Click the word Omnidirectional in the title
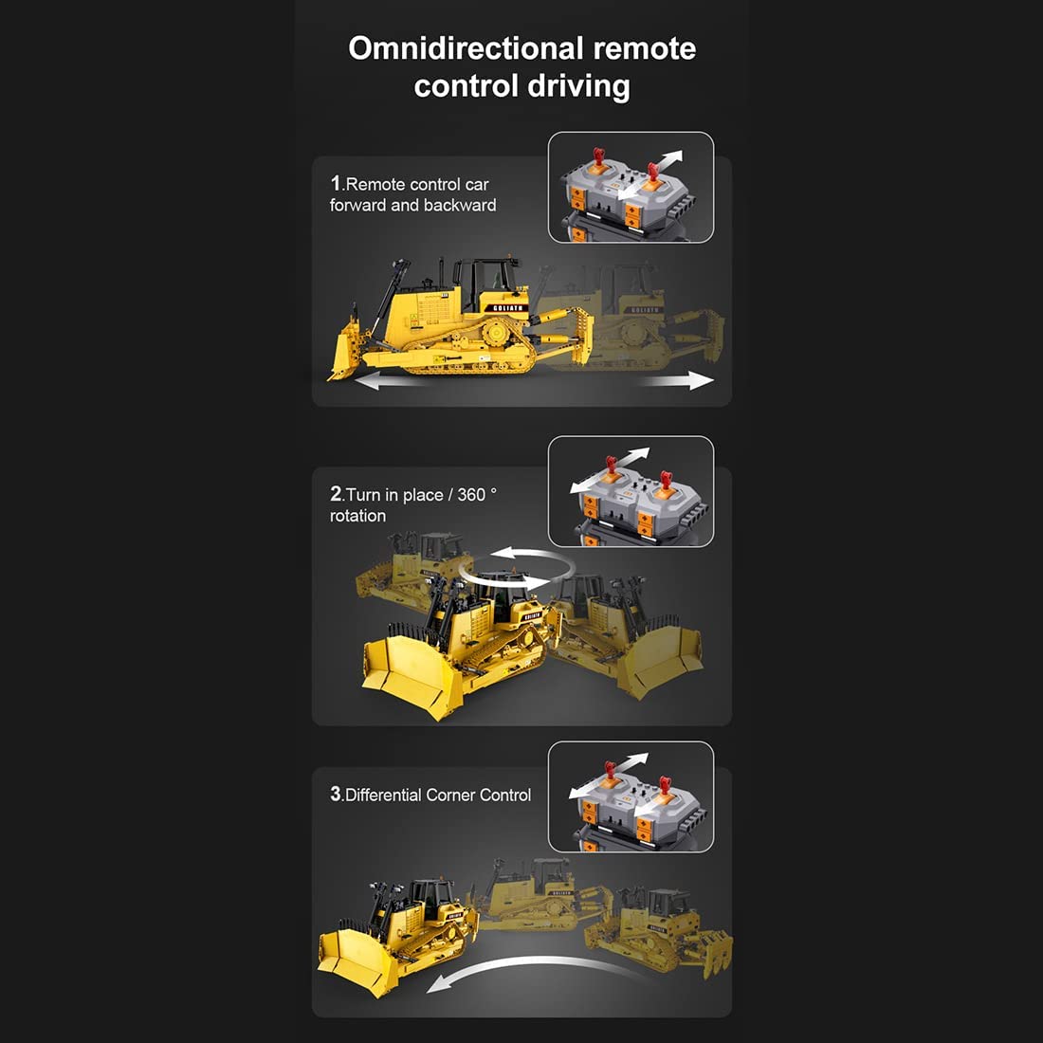pyautogui.click(x=465, y=48)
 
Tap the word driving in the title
pyautogui.click(x=578, y=87)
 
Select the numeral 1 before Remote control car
pyautogui.click(x=336, y=183)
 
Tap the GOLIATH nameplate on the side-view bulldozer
pyautogui.click(x=507, y=308)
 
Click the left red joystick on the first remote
pyautogui.click(x=598, y=161)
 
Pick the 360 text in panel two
pyautogui.click(x=471, y=495)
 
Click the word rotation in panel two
pyautogui.click(x=357, y=516)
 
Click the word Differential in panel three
pyautogui.click(x=384, y=795)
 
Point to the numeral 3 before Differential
pyautogui.click(x=336, y=794)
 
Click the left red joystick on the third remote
pyautogui.click(x=610, y=772)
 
